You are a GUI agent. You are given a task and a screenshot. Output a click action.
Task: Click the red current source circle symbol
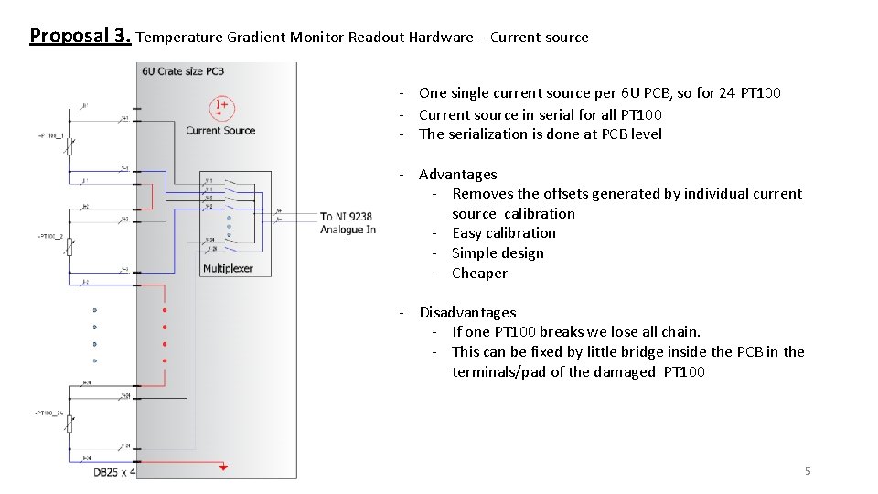[220, 108]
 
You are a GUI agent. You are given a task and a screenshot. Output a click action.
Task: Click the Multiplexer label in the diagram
[228, 269]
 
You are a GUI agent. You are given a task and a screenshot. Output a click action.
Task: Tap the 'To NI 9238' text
[346, 217]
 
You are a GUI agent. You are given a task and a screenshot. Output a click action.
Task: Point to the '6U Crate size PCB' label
[183, 71]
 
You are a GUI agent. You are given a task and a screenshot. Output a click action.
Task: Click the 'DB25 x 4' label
[114, 472]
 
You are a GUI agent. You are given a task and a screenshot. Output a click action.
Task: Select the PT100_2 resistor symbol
[70, 244]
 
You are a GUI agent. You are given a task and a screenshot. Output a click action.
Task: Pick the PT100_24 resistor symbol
[70, 423]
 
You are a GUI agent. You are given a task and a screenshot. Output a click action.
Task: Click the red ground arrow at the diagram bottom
[223, 467]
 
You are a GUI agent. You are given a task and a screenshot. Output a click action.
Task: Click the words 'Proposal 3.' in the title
[80, 37]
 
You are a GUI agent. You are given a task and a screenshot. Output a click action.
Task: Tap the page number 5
[808, 471]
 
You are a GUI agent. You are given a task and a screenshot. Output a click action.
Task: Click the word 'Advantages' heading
[457, 174]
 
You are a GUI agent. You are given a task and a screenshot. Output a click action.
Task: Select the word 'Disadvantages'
[467, 312]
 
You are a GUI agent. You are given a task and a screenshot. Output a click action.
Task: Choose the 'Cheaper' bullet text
[479, 273]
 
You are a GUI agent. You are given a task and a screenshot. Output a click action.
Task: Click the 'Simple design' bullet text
[498, 253]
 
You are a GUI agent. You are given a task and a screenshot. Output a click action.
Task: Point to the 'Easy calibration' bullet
[504, 233]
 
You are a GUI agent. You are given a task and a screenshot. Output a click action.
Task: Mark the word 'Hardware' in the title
[447, 38]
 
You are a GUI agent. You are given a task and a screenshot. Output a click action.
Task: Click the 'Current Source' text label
[220, 131]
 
